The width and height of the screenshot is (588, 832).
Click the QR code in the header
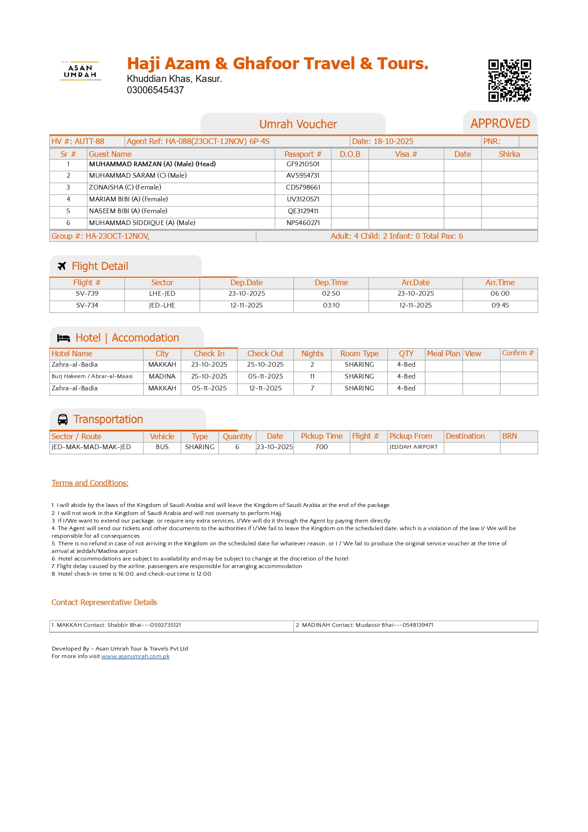pos(509,81)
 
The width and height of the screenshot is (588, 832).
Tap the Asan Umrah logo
pos(80,71)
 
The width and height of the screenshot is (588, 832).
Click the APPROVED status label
pos(500,124)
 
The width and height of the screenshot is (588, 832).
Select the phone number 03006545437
pos(155,90)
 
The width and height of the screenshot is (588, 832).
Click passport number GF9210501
pos(303,164)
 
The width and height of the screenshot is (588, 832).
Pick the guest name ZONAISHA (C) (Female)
pos(125,188)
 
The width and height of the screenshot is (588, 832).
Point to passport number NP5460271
pos(303,223)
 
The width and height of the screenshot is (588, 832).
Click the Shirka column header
pos(509,154)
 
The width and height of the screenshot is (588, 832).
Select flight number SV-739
pos(87,294)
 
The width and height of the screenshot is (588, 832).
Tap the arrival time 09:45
pos(500,306)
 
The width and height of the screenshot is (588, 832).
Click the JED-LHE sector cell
pos(162,306)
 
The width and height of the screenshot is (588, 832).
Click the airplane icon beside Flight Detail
pos(62,266)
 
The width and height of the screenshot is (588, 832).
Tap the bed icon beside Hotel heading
pos(63,338)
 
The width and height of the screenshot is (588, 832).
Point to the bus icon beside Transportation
pos(62,420)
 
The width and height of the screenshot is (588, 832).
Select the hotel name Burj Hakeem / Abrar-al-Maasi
pos(92,377)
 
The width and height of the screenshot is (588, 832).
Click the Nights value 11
pos(312,377)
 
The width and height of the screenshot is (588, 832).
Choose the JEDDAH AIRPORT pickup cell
pos(414,447)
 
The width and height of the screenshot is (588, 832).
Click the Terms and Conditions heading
pos(90,483)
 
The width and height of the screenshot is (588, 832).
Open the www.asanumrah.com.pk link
pos(135,657)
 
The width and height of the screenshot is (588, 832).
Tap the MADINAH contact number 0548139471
pos(418,625)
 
